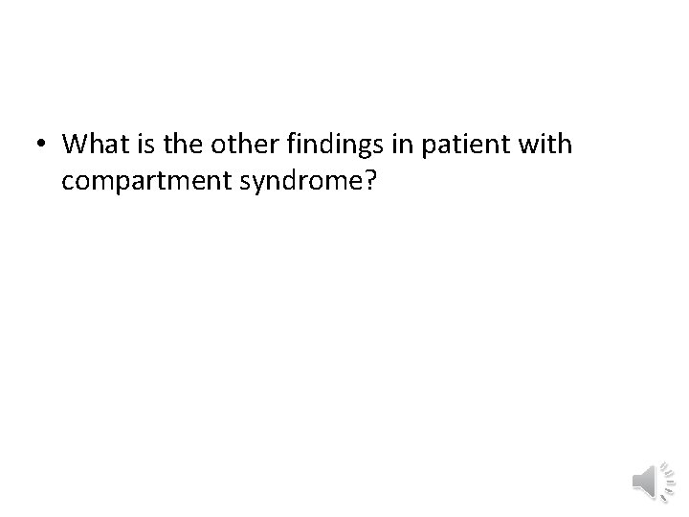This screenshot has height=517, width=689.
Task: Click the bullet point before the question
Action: (41, 146)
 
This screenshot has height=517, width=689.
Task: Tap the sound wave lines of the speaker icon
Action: (661, 480)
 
